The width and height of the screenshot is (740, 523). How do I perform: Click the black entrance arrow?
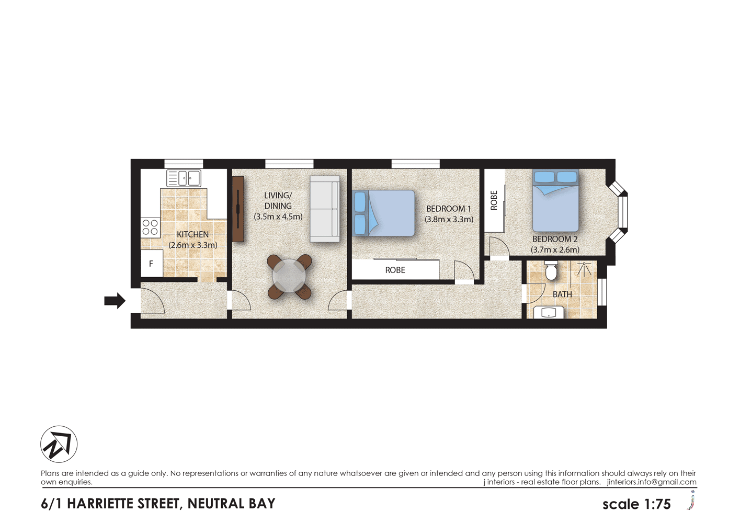tap(115, 301)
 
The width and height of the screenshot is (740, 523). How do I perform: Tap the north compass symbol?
tap(59, 444)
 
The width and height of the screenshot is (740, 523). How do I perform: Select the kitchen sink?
tap(184, 178)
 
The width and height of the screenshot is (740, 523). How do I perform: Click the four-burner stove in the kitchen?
tap(150, 228)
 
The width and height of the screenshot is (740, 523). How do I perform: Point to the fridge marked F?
tap(152, 264)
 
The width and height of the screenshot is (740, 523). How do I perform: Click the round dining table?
tap(289, 276)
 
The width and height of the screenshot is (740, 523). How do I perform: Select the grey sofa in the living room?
tap(325, 209)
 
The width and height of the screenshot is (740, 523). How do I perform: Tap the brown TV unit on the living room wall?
tap(238, 209)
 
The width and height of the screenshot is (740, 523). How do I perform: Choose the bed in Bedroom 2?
tap(555, 201)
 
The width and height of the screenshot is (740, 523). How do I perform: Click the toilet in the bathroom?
tap(551, 271)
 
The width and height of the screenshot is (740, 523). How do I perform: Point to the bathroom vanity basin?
tap(549, 313)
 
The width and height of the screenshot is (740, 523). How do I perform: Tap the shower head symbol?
tap(584, 269)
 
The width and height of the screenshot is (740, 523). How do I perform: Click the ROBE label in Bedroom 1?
tap(395, 270)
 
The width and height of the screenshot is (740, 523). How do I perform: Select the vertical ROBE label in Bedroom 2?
tap(494, 200)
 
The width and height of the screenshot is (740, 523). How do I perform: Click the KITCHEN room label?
tap(192, 235)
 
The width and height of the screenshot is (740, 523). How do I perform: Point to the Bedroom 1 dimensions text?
tap(449, 220)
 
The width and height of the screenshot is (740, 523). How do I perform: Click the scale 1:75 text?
tap(636, 504)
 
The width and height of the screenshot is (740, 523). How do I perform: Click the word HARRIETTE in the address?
tap(123, 504)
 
